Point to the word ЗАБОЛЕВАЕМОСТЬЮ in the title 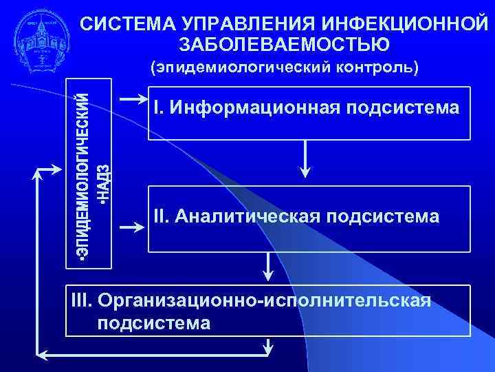pyautogui.click(x=284, y=45)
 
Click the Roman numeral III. pyautogui.click(x=82, y=300)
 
